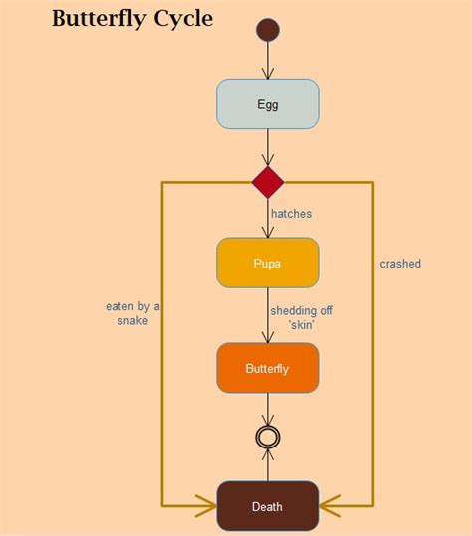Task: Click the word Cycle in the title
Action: coord(183,19)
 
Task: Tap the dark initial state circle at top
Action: coord(267,30)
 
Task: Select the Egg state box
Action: coord(267,104)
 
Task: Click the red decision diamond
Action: coord(267,182)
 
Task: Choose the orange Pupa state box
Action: coord(267,263)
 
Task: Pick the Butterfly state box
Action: coord(267,368)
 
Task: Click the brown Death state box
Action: coord(267,506)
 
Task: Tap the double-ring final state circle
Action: coord(267,437)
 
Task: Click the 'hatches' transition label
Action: coord(291,213)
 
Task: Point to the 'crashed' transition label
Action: coord(400,264)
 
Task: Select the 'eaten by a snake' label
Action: coord(132,314)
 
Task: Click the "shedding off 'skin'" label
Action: coord(301,317)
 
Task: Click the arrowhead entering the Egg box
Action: coord(267,73)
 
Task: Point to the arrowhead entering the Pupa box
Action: coord(267,232)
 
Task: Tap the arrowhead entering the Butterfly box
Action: coord(267,337)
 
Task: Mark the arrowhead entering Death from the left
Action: coord(207,506)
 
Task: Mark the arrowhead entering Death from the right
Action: coord(328,506)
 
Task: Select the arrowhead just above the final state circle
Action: coord(267,421)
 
